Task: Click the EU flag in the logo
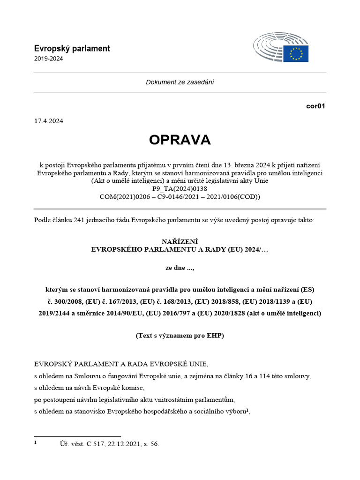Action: pyautogui.click(x=296, y=53)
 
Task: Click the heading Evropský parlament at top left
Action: pyautogui.click(x=72, y=48)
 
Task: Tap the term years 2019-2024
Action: pyautogui.click(x=48, y=59)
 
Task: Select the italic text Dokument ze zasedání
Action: pyautogui.click(x=180, y=82)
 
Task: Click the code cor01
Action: pyautogui.click(x=315, y=106)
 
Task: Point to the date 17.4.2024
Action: pyautogui.click(x=48, y=120)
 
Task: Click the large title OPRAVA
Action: pyautogui.click(x=180, y=140)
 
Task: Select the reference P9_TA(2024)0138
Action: pyautogui.click(x=180, y=189)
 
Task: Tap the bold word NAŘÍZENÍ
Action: pyautogui.click(x=180, y=241)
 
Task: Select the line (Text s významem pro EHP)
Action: pyautogui.click(x=180, y=336)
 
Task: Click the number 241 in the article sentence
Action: pyautogui.click(x=79, y=220)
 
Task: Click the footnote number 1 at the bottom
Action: pyautogui.click(x=36, y=442)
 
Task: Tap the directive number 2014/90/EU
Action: pyautogui.click(x=132, y=313)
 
